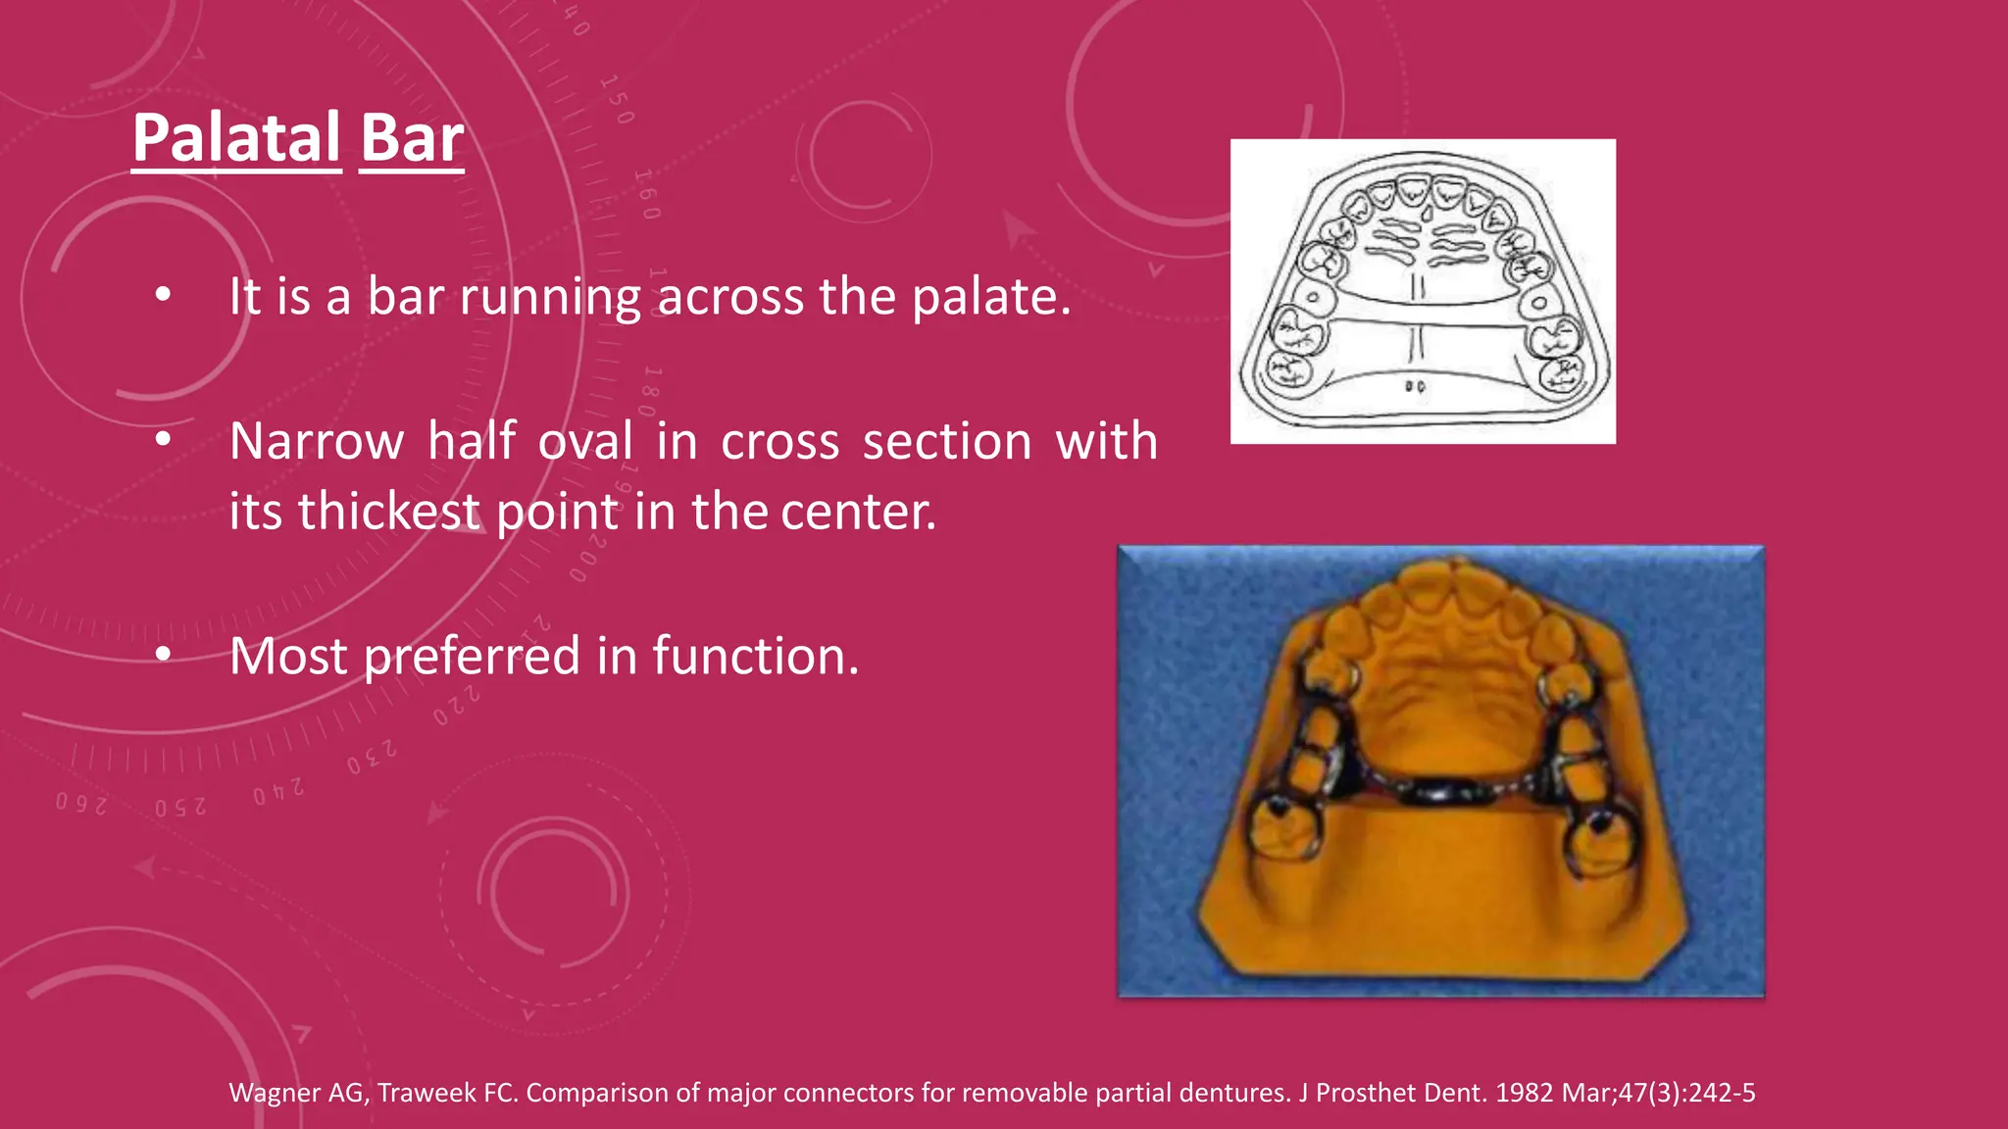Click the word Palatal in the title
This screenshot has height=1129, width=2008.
236,138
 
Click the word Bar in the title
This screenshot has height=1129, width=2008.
412,138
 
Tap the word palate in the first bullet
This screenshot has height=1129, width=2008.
990,296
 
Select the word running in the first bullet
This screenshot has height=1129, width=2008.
550,296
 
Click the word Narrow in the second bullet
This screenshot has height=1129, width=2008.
316,441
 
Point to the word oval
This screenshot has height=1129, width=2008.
585,441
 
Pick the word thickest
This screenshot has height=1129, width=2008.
389,511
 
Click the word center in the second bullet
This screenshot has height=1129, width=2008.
858,511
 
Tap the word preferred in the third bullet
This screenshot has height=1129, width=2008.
472,656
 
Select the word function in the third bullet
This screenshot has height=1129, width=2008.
755,656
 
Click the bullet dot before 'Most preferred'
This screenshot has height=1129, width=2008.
163,654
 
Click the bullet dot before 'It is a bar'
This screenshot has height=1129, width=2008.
163,294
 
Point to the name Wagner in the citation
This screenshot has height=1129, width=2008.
274,1093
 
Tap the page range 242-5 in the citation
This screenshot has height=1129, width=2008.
1721,1093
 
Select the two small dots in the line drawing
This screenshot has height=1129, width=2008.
1415,386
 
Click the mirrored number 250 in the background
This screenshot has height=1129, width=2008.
180,808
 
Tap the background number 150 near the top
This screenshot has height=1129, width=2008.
617,99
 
